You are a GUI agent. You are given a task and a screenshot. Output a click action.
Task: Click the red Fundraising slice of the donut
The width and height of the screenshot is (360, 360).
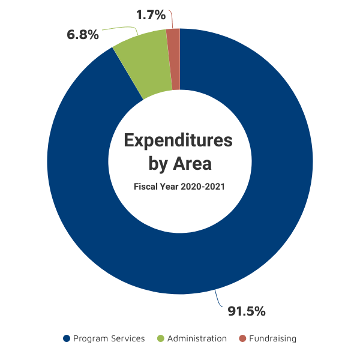(x=176, y=59)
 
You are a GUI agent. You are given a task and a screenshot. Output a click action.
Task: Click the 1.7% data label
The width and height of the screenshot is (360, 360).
(x=151, y=15)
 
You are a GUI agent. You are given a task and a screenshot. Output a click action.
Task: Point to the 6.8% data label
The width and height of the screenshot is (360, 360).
(x=83, y=35)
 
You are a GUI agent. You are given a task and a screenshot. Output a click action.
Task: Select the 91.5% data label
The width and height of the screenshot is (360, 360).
(x=247, y=311)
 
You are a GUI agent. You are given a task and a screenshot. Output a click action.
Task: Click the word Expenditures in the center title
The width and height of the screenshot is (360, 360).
(x=178, y=140)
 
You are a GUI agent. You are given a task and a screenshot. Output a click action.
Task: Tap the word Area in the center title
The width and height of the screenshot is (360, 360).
(x=193, y=163)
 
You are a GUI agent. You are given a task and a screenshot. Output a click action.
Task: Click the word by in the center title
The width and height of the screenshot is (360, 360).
(x=158, y=164)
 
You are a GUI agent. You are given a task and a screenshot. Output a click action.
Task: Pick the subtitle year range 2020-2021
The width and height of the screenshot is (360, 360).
(x=203, y=187)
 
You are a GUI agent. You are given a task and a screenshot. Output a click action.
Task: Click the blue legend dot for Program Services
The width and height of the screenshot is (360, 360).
(x=67, y=338)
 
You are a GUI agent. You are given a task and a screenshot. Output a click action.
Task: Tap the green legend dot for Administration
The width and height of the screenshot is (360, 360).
(x=161, y=338)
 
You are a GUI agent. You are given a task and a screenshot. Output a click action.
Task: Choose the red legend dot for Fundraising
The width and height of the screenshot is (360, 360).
(x=242, y=338)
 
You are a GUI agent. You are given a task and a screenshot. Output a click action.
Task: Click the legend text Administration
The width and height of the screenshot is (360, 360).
(x=197, y=338)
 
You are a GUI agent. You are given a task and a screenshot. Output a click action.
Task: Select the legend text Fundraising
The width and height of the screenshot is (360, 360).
(x=273, y=339)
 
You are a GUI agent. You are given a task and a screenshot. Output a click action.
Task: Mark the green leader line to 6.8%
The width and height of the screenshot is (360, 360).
(x=124, y=28)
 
